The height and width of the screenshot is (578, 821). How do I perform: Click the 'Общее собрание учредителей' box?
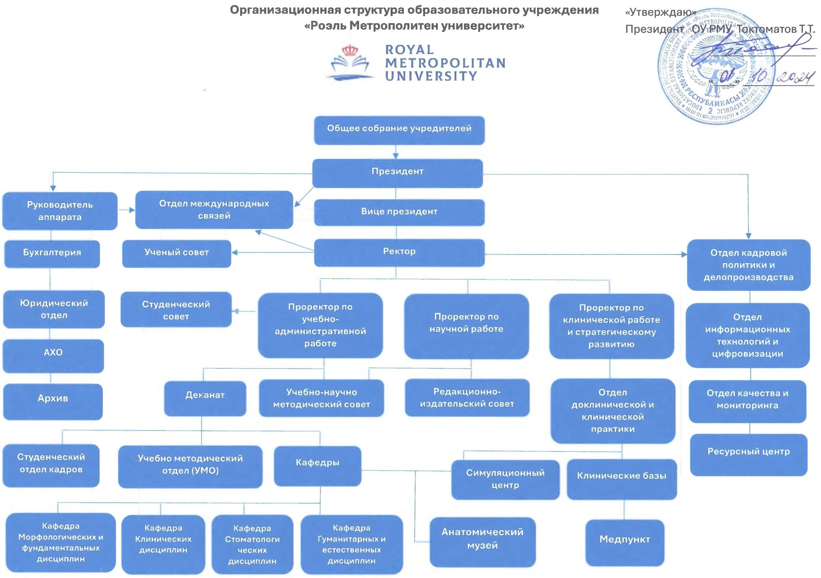coord(399,130)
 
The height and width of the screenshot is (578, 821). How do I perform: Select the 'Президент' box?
coord(397,173)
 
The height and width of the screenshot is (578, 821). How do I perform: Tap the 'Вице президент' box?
coord(399,212)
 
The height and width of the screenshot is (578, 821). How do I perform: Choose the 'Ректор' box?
coord(399,252)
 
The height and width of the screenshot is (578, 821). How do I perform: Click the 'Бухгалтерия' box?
coord(52,254)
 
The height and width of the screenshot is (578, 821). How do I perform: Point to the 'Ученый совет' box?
coord(176,253)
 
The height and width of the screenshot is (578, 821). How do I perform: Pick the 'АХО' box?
coord(53,355)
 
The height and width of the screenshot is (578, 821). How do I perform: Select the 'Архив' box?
coord(53,401)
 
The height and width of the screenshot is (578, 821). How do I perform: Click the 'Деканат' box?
coord(205,398)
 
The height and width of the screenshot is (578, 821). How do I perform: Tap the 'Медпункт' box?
coord(625,542)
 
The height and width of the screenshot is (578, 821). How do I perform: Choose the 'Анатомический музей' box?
coord(482,541)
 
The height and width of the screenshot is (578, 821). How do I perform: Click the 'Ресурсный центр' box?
coord(748,454)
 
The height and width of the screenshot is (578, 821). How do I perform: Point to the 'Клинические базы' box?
coord(621,479)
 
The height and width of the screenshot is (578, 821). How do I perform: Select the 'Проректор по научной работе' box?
coord(466,326)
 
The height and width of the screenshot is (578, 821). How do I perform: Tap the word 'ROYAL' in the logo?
coord(409,50)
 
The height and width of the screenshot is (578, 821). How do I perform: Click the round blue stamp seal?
coord(716,66)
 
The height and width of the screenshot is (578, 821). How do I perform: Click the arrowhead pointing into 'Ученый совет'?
coord(235,252)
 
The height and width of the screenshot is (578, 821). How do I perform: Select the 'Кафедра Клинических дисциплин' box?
coord(163,544)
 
